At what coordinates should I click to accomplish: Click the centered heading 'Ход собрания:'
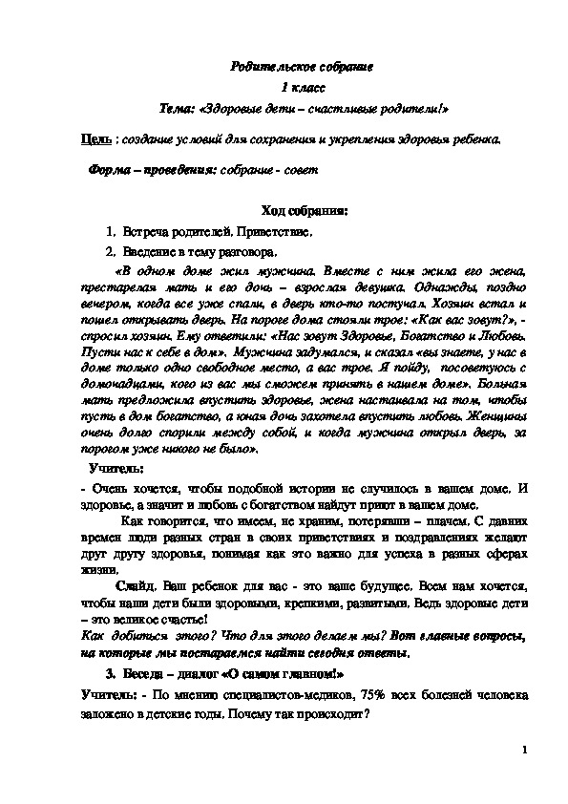[x=290, y=211]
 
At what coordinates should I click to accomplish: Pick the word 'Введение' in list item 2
[x=147, y=252]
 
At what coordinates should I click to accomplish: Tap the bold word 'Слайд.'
[x=139, y=583]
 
